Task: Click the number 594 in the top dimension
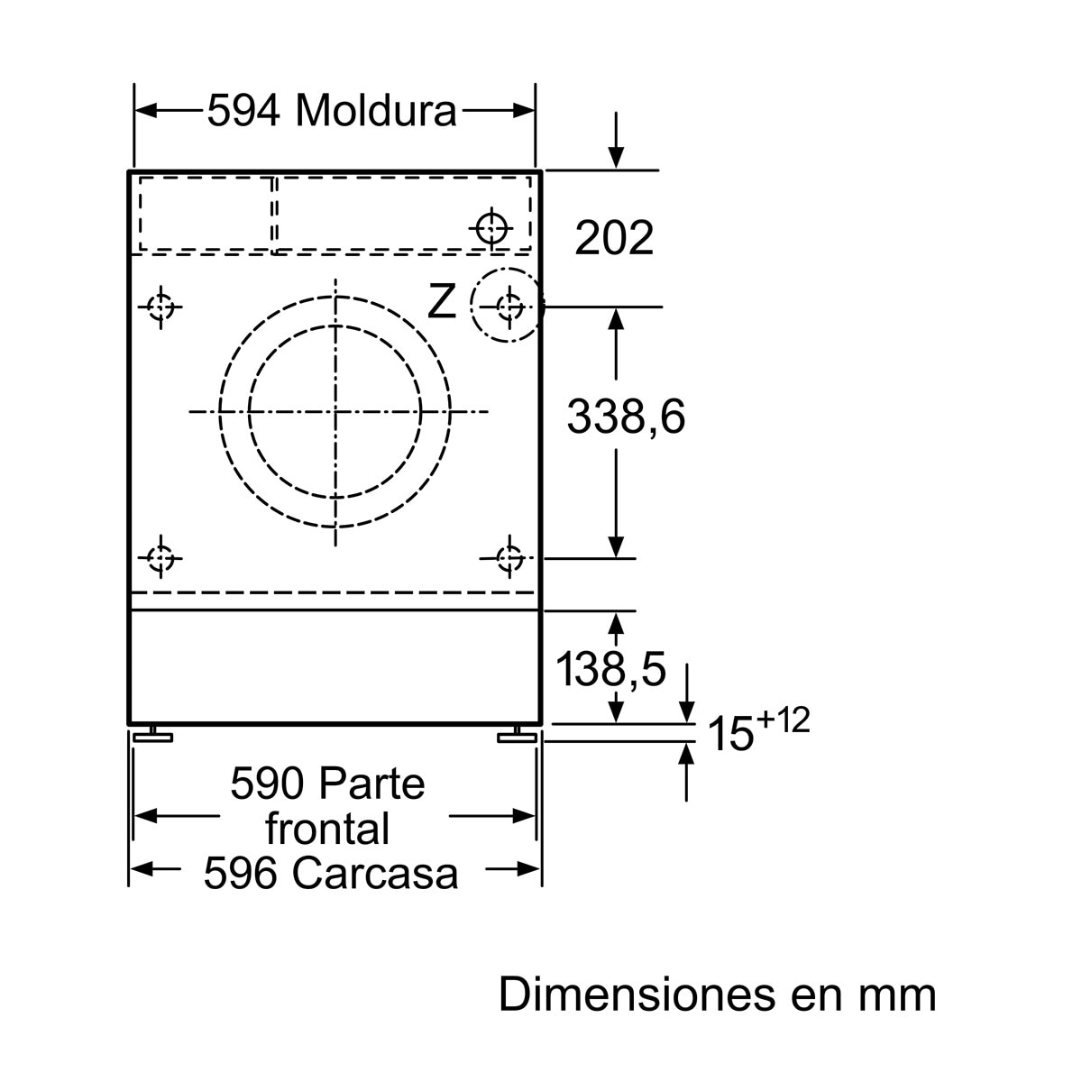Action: [x=243, y=111]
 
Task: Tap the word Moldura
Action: [x=376, y=110]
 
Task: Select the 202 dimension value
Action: [x=614, y=238]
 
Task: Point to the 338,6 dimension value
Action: [x=626, y=417]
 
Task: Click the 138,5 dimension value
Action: [x=610, y=669]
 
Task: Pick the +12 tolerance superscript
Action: [x=784, y=720]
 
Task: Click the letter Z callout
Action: [x=441, y=301]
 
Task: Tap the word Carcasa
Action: [x=375, y=874]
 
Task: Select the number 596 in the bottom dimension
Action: [x=241, y=874]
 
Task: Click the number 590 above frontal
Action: [x=267, y=784]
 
